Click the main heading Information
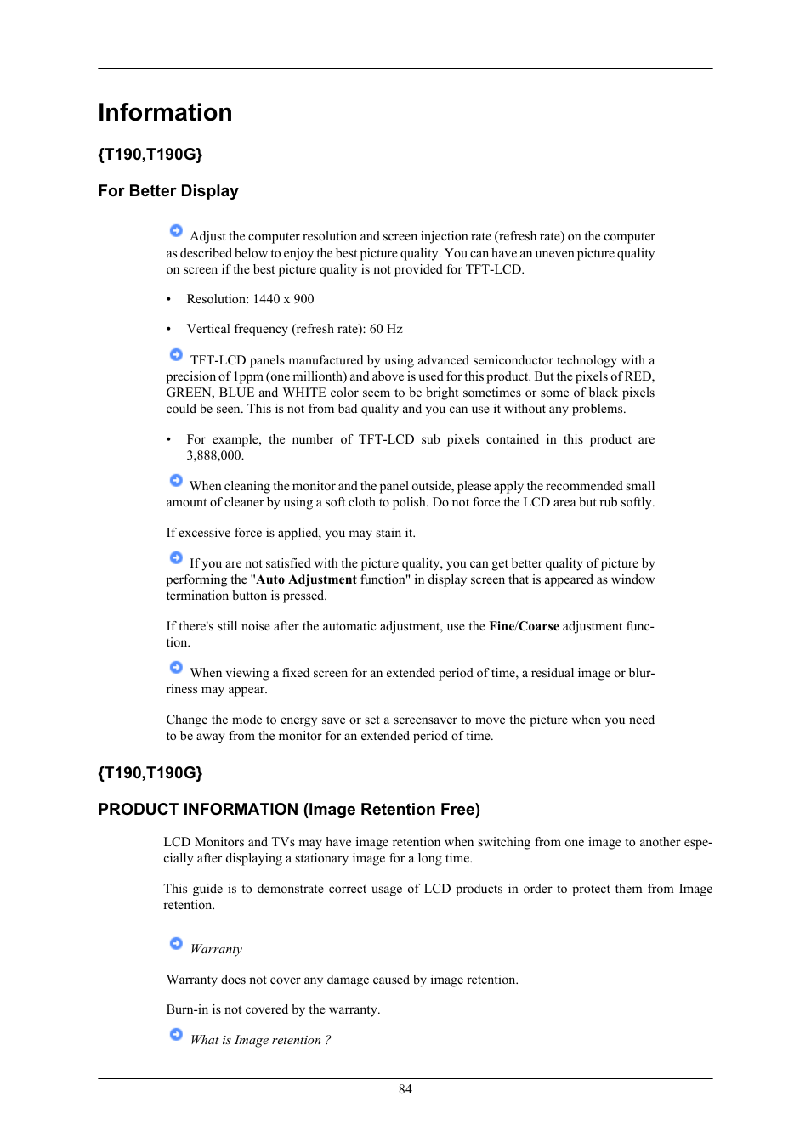tap(165, 112)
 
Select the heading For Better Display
tap(168, 191)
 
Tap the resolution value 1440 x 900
tap(283, 299)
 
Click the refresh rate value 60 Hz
tap(386, 329)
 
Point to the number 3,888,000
tap(215, 455)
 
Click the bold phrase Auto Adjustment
tap(306, 579)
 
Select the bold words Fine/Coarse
tap(524, 626)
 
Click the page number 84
tap(405, 1089)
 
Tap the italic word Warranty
tap(216, 949)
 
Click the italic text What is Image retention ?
tap(260, 1040)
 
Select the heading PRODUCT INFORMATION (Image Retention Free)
tap(289, 810)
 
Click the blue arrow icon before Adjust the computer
tap(176, 231)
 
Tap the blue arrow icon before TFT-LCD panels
tap(176, 355)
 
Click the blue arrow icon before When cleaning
tap(176, 481)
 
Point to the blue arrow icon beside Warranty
tap(176, 944)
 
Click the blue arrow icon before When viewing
tap(176, 668)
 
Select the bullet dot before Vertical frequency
tap(168, 329)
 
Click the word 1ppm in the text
tap(247, 376)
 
